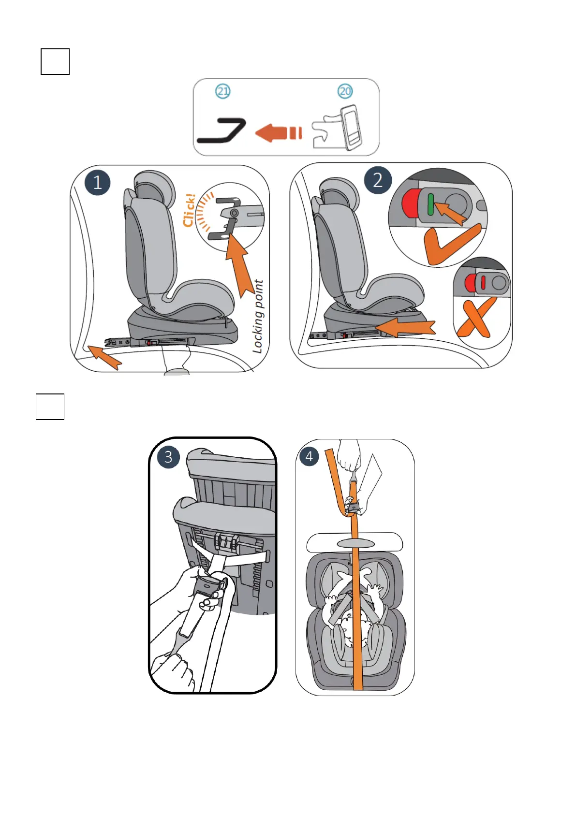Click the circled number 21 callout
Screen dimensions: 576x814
coord(222,91)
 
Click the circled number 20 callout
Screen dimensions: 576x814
coord(345,91)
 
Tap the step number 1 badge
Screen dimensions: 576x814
coord(98,183)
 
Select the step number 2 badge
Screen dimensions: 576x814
coord(377,180)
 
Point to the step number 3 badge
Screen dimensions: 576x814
coord(168,457)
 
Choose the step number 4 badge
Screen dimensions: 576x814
coord(309,456)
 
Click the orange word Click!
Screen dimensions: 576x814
coord(190,210)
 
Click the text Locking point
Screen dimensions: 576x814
coord(258,316)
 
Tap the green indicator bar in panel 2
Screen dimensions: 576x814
coord(430,204)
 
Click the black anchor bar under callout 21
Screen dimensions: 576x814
coord(222,131)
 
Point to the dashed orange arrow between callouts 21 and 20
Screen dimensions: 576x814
coord(279,132)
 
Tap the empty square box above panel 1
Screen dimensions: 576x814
coord(55,61)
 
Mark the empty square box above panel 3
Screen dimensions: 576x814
coord(50,407)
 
